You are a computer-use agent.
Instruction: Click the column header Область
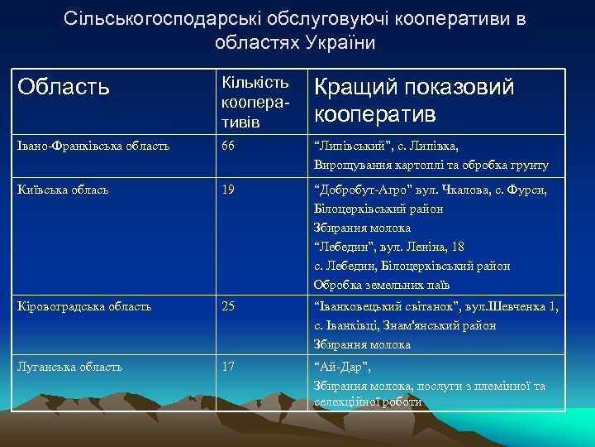63,87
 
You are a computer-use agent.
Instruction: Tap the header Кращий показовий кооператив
414,100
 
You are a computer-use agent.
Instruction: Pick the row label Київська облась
64,190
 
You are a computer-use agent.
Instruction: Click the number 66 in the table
228,146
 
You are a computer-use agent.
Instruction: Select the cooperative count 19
228,190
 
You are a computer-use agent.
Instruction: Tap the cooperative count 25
228,306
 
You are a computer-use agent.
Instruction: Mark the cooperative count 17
228,366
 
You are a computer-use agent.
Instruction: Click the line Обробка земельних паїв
382,286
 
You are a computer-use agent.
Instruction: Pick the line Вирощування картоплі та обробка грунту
431,166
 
